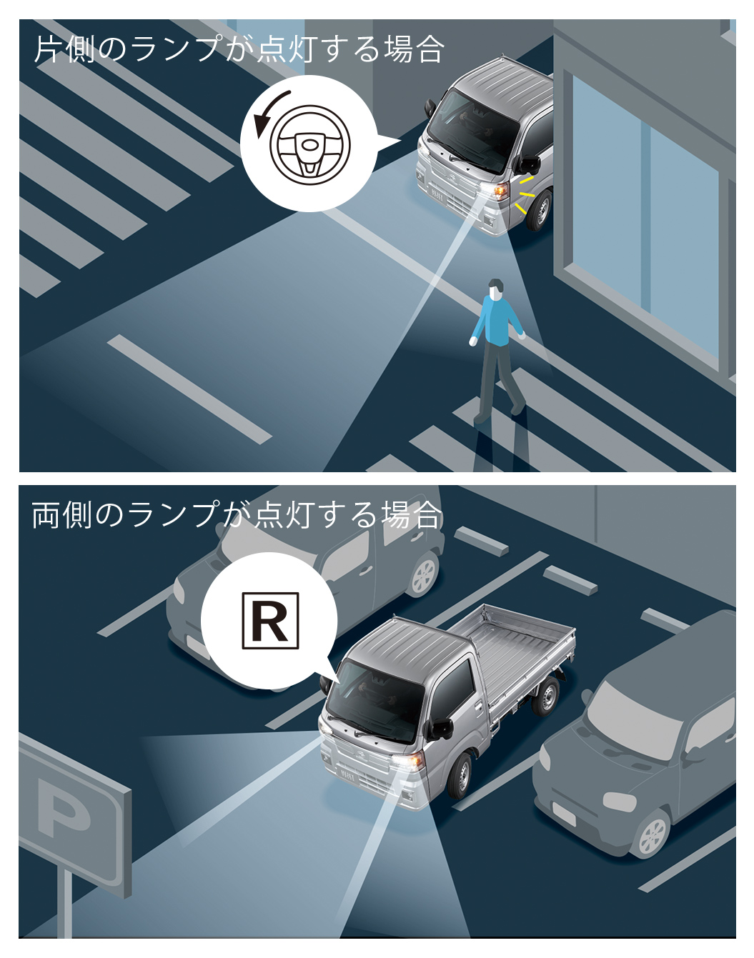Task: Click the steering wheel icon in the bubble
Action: click(310, 145)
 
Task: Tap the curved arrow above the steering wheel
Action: click(266, 109)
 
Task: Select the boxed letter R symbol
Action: click(270, 621)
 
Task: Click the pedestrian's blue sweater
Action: click(498, 321)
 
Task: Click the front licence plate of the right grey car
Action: click(564, 813)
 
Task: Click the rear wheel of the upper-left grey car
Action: click(424, 574)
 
